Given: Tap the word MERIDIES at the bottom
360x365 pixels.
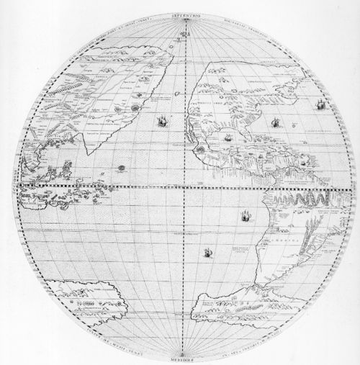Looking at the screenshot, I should [186, 358].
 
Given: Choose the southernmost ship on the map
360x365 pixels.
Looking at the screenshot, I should [208, 252].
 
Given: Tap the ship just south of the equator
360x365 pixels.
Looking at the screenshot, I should [246, 213].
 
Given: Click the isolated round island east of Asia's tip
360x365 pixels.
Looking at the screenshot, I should [121, 167].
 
